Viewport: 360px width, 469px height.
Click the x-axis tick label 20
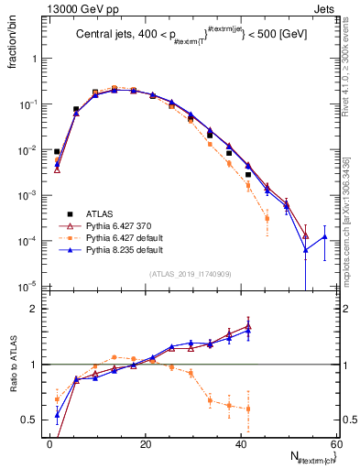[x=146, y=443]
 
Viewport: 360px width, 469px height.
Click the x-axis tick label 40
[x=242, y=443]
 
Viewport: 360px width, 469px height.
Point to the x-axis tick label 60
[x=336, y=443]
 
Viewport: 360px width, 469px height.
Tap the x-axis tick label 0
[x=50, y=443]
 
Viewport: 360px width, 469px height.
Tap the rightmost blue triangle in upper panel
[x=324, y=237]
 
